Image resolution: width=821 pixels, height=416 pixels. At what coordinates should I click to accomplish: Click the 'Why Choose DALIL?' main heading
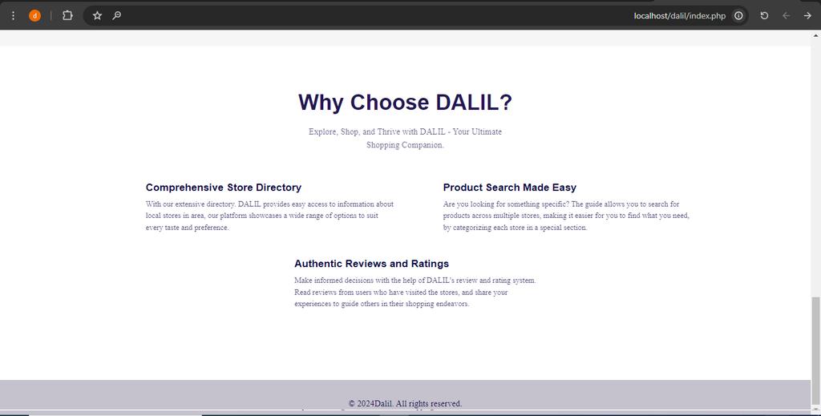(x=405, y=103)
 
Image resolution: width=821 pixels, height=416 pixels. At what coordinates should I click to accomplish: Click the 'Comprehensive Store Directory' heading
(x=224, y=188)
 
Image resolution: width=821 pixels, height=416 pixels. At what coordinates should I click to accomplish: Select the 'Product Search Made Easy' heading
(x=510, y=188)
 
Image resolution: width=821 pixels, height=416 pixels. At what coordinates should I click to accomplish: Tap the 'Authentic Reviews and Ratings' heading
(x=371, y=264)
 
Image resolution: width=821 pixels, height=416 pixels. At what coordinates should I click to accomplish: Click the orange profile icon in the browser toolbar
(x=34, y=15)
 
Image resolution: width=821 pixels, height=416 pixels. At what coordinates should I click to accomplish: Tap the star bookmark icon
(x=97, y=15)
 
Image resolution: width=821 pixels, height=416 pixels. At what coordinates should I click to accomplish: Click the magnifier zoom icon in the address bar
(x=117, y=15)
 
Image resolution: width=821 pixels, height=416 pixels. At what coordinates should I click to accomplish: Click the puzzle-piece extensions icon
(x=67, y=15)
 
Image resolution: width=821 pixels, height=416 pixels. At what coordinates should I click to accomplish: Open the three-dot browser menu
(x=13, y=15)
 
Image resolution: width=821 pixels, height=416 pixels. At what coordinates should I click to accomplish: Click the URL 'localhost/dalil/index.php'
(x=679, y=15)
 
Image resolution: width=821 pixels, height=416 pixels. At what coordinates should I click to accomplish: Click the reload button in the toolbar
(x=764, y=15)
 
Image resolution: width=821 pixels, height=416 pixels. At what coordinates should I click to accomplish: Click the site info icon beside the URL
(x=738, y=15)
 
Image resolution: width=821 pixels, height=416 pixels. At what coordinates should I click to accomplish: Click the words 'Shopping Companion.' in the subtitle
(x=405, y=145)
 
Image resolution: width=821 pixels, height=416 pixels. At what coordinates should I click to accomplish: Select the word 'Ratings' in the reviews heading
(x=430, y=264)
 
